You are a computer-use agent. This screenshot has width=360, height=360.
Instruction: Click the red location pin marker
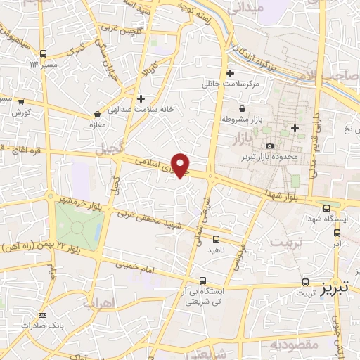pyautogui.click(x=181, y=165)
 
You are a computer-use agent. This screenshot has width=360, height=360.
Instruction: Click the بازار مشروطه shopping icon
pyautogui.click(x=243, y=108)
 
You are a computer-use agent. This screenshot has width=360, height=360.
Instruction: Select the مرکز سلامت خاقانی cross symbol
pyautogui.click(x=230, y=73)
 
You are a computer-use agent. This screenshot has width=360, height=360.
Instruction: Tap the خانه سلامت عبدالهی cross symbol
pyautogui.click(x=141, y=98)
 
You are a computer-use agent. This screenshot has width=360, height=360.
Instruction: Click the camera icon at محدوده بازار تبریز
pyautogui.click(x=269, y=146)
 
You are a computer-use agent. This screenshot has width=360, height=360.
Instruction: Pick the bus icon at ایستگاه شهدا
pyautogui.click(x=328, y=207)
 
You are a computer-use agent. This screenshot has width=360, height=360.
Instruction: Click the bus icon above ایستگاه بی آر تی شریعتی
pyautogui.click(x=202, y=280)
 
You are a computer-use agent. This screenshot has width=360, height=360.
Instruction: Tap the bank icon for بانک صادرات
pyautogui.click(x=43, y=316)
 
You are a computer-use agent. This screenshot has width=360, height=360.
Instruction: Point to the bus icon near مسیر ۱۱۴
pyautogui.click(x=44, y=53)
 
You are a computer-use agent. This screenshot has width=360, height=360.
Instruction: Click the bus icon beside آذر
pyautogui.click(x=337, y=233)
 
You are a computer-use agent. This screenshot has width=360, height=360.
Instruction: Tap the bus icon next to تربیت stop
pyautogui.click(x=304, y=280)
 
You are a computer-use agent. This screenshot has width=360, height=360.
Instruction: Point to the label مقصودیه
pyautogui.click(x=292, y=345)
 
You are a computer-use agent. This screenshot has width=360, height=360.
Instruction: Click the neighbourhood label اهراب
pyautogui.click(x=98, y=304)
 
